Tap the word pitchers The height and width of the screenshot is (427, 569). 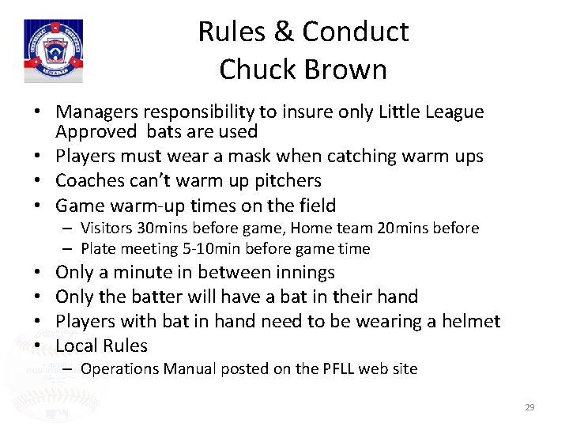point(277,180)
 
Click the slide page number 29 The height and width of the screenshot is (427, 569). point(529,407)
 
